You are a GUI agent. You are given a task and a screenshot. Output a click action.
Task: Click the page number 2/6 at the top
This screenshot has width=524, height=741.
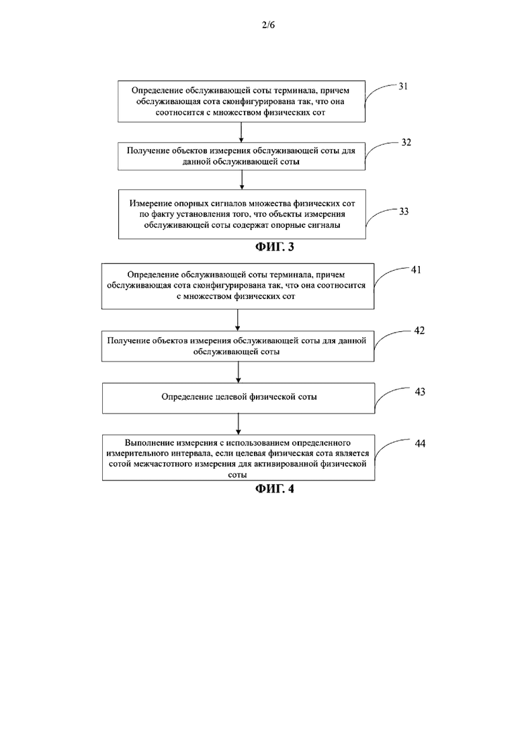pyautogui.click(x=268, y=25)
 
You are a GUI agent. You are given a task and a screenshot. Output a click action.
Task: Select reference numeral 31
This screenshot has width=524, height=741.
pyautogui.click(x=403, y=86)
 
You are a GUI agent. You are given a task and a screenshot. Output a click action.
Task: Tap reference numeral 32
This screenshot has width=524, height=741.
pyautogui.click(x=406, y=142)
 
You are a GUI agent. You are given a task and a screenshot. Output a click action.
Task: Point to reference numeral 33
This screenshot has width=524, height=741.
pyautogui.click(x=404, y=211)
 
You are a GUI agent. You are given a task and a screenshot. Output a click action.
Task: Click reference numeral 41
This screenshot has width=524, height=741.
pyautogui.click(x=416, y=270)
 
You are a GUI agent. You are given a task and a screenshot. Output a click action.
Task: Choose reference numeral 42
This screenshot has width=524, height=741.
pyautogui.click(x=419, y=331)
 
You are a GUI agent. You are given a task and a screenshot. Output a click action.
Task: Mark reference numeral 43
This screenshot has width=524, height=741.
pyautogui.click(x=420, y=392)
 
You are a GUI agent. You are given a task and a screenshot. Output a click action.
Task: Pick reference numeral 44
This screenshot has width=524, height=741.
pyautogui.click(x=420, y=443)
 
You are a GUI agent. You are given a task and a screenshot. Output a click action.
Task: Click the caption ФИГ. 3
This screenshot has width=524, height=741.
pyautogui.click(x=275, y=247)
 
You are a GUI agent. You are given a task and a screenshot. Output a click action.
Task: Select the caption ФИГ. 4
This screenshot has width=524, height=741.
pyautogui.click(x=275, y=488)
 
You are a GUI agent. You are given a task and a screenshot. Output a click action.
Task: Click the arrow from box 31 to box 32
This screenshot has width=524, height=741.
pyautogui.click(x=241, y=132)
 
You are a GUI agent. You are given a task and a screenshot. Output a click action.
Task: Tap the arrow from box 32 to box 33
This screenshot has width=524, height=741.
pyautogui.click(x=241, y=180)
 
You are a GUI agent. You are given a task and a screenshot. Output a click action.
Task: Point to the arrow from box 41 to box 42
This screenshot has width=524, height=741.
pyautogui.click(x=237, y=320)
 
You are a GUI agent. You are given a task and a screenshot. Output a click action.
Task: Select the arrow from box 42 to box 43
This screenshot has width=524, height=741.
pyautogui.click(x=238, y=372)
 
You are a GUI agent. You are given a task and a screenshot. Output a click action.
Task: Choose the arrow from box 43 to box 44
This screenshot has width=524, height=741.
pyautogui.click(x=238, y=425)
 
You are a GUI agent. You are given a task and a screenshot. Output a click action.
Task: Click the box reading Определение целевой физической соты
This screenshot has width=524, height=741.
pyautogui.click(x=238, y=398)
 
